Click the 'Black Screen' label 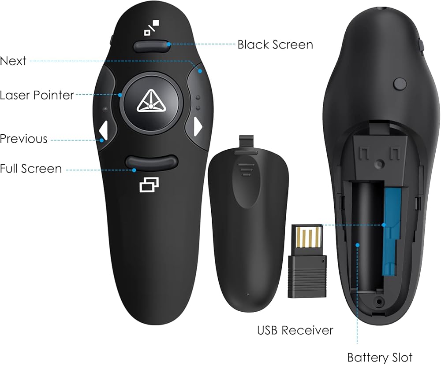tap(275, 44)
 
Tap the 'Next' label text tap(13, 61)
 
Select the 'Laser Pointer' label tap(37, 95)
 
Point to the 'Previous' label tap(23, 139)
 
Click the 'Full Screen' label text tap(31, 168)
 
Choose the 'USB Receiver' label tap(295, 330)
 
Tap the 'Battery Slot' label tap(380, 357)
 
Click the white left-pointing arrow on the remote tap(104, 130)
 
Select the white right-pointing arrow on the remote tap(198, 127)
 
